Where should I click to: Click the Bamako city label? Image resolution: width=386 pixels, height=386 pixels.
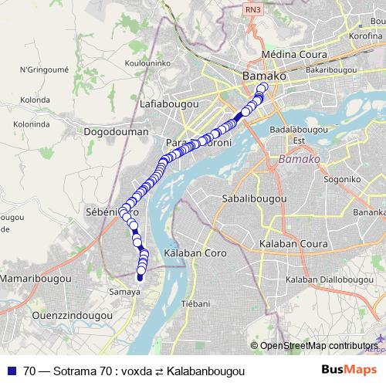click(264, 77)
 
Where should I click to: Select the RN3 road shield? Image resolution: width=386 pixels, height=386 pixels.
click(252, 9)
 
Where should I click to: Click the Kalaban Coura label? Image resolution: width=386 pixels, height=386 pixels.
click(293, 245)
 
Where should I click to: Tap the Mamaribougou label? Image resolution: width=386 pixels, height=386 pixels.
click(36, 277)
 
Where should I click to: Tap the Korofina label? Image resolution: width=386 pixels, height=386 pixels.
click(365, 36)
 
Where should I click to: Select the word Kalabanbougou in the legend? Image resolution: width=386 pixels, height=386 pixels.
click(205, 371)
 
